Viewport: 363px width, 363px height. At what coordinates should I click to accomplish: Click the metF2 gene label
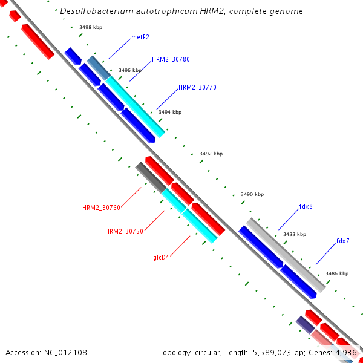[140, 37]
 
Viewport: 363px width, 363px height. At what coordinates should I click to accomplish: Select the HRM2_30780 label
[171, 60]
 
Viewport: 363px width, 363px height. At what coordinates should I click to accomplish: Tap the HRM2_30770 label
[197, 87]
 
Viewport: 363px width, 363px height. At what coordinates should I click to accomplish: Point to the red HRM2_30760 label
[102, 208]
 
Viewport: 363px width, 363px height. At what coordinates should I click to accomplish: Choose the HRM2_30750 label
[124, 231]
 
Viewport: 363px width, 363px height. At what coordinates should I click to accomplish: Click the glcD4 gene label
[161, 257]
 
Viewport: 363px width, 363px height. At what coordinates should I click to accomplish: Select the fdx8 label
[306, 206]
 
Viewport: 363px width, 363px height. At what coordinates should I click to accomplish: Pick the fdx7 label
[342, 241]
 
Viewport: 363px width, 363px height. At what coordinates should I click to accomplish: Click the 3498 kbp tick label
[91, 27]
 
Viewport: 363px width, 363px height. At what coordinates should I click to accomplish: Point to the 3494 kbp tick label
[169, 112]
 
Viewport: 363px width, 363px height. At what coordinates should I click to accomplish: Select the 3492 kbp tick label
[211, 154]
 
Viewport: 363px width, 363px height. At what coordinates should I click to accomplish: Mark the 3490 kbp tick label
[252, 194]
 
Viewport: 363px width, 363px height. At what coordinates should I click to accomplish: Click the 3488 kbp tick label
[295, 234]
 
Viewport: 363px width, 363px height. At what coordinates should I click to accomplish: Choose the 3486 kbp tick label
[337, 273]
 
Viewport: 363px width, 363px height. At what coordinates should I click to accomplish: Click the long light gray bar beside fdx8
[286, 254]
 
